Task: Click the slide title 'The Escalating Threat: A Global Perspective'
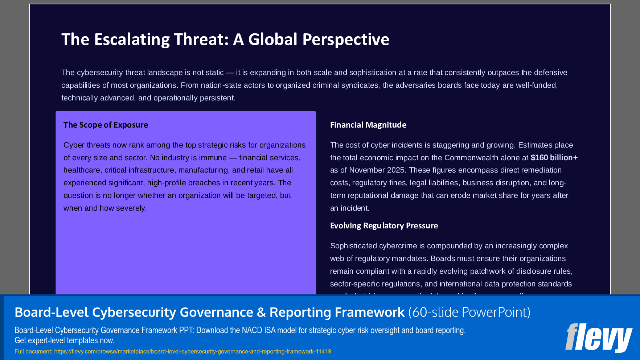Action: pos(225,40)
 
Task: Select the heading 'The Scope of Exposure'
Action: pos(106,125)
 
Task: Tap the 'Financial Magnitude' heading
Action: pos(368,125)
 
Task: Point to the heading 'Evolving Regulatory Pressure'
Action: pos(384,226)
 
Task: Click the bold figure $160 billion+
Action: pos(554,158)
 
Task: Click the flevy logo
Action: pos(598,338)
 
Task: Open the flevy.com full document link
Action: pos(192,352)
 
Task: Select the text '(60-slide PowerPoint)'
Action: pos(469,313)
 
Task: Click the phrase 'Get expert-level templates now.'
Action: pos(64,341)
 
